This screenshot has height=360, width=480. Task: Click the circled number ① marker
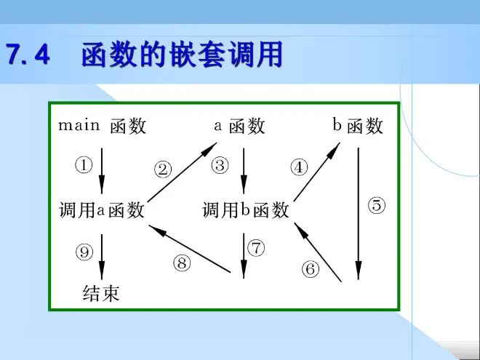tap(84, 166)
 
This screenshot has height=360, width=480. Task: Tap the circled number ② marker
tap(163, 169)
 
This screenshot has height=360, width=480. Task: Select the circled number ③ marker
tap(220, 166)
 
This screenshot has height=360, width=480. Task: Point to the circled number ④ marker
tap(299, 167)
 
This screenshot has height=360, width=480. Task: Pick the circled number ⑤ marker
tap(377, 205)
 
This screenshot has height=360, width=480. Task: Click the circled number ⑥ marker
tap(311, 269)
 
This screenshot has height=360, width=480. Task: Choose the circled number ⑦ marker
tap(256, 248)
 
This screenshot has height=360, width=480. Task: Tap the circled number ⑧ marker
tap(182, 263)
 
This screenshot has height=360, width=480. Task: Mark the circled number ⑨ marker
tap(84, 252)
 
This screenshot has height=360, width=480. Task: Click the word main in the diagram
tap(79, 125)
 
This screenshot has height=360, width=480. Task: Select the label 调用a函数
tap(102, 210)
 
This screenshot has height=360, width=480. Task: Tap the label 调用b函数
tap(246, 210)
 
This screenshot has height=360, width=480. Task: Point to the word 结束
tap(101, 293)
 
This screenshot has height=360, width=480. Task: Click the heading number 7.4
tap(28, 55)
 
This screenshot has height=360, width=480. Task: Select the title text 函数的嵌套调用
tap(182, 55)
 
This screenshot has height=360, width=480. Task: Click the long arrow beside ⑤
tap(359, 214)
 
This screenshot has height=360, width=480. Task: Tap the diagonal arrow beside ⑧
tap(190, 249)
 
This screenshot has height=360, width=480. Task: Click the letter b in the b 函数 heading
tap(337, 124)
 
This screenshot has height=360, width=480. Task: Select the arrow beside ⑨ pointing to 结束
tap(102, 257)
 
